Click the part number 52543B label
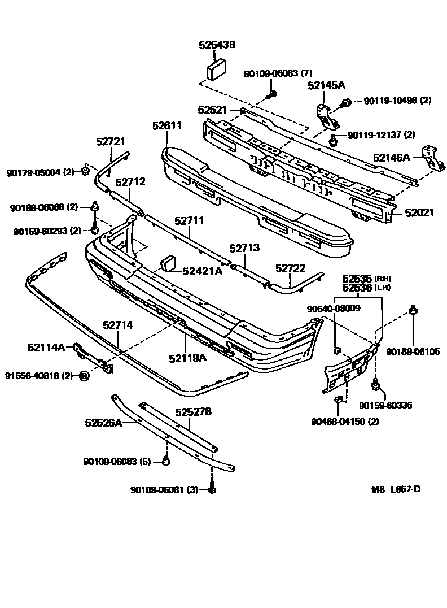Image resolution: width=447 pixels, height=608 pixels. (217, 45)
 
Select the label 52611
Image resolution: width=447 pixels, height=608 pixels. (166, 125)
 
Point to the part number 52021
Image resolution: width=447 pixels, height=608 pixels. (419, 212)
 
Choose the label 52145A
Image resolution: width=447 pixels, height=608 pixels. (326, 85)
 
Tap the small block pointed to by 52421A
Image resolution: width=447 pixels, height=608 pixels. (169, 263)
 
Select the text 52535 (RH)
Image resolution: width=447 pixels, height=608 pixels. (366, 278)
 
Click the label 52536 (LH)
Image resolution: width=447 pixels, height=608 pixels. (366, 287)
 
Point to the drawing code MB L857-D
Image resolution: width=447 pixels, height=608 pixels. (396, 489)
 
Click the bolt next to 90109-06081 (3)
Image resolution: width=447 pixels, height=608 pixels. (212, 489)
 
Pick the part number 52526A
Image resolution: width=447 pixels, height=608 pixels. (103, 422)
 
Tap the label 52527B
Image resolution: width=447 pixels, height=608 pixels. (193, 412)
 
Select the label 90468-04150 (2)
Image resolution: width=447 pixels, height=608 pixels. (345, 421)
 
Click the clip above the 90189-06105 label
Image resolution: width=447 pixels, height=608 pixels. (413, 309)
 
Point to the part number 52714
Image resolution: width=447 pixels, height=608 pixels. (118, 325)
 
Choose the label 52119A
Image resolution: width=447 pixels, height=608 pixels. (187, 357)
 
